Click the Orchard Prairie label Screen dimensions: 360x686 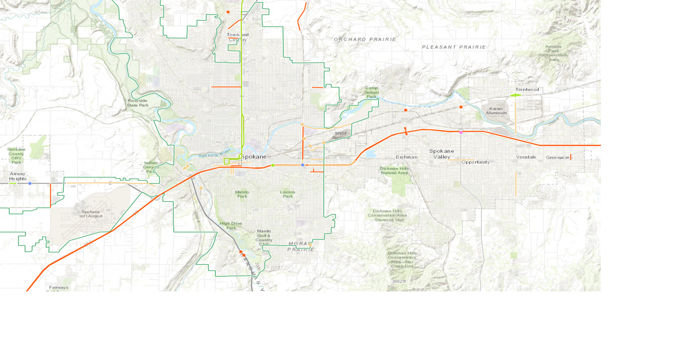(365, 39)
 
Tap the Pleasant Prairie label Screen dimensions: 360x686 (454, 47)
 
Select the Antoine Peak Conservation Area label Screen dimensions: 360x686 (553, 53)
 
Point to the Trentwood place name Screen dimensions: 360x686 (527, 90)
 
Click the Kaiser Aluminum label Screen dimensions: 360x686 (496, 111)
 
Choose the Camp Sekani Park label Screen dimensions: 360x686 (372, 92)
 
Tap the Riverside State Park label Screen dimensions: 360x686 (138, 103)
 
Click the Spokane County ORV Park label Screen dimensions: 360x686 (16, 155)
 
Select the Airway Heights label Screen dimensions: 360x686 (18, 176)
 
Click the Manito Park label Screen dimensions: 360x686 (242, 194)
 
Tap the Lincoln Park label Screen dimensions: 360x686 (288, 194)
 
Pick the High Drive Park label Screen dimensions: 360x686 (231, 225)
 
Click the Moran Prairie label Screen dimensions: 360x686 (301, 246)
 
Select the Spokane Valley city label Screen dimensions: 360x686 (442, 154)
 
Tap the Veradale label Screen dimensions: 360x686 (526, 157)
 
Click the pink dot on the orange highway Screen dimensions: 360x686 (461, 132)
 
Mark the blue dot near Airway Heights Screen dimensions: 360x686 (30, 183)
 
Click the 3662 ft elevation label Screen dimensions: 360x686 (399, 281)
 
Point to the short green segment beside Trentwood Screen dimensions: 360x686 (515, 95)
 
